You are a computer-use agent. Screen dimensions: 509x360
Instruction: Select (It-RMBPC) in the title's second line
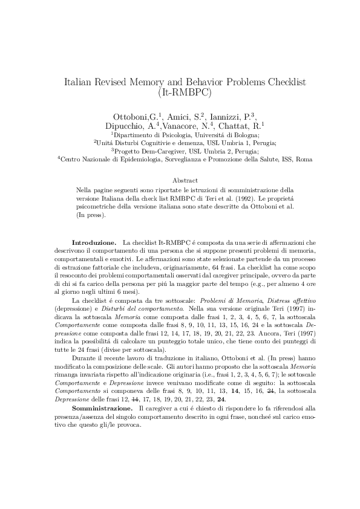pyautogui.click(x=180, y=93)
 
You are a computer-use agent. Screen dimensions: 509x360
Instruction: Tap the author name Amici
pyautogui.click(x=173, y=116)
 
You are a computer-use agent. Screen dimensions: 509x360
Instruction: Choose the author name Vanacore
pyautogui.click(x=185, y=126)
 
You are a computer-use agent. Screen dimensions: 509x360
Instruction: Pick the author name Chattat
pyautogui.click(x=237, y=126)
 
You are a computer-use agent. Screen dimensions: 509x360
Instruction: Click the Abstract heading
pyautogui.click(x=184, y=180)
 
